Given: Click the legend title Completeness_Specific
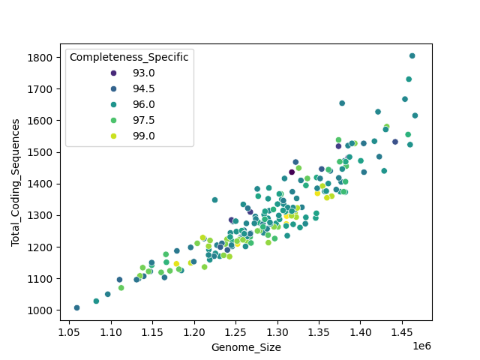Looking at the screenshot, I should (129, 57).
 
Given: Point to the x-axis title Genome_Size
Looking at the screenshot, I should (246, 347).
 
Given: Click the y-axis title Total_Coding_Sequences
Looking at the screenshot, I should (15, 182).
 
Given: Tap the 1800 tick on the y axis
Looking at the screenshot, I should (40, 58).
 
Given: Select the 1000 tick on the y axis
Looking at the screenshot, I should (40, 310).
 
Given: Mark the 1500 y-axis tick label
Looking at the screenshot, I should (40, 152).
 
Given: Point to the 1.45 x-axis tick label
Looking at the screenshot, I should (401, 331).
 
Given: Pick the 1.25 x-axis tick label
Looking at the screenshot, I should (235, 331).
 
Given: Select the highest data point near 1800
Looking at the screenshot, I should (412, 56).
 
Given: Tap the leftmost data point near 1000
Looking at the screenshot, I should (76, 307).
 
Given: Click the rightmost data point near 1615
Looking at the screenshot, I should (415, 115).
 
